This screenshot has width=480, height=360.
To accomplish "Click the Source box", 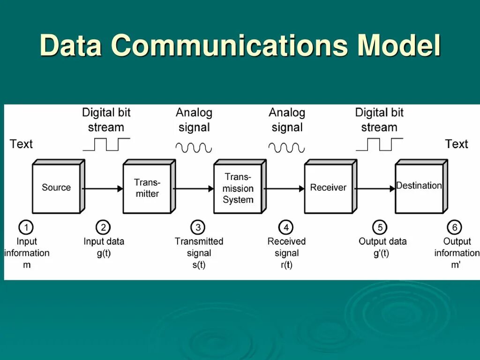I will [x=56, y=188].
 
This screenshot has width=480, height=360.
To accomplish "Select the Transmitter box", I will [x=147, y=188].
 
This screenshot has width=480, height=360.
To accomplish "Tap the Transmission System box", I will [x=238, y=188].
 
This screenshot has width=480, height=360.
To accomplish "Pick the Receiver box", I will [x=328, y=188].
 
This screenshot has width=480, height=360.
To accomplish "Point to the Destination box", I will [x=419, y=187].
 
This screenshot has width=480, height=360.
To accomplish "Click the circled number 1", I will [x=26, y=228].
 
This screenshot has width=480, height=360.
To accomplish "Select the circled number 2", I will [x=103, y=228].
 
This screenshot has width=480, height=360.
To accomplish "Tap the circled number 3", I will [x=198, y=228].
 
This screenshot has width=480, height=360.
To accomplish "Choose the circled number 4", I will [x=285, y=228].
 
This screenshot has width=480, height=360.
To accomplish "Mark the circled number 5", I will [x=380, y=228].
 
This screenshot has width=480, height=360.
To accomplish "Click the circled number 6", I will [x=454, y=228].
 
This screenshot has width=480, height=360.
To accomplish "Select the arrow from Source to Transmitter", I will [x=103, y=188].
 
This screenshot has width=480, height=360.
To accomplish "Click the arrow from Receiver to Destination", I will [x=375, y=188].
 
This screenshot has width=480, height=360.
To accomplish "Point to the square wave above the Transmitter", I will [x=106, y=144].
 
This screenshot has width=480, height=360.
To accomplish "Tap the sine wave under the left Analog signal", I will [x=194, y=148].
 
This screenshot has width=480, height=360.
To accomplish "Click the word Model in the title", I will [x=399, y=45].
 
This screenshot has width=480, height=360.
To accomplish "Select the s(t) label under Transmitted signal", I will [x=198, y=264].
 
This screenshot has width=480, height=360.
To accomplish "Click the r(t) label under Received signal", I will [x=286, y=264].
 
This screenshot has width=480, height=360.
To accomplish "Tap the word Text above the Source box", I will [x=21, y=144].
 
